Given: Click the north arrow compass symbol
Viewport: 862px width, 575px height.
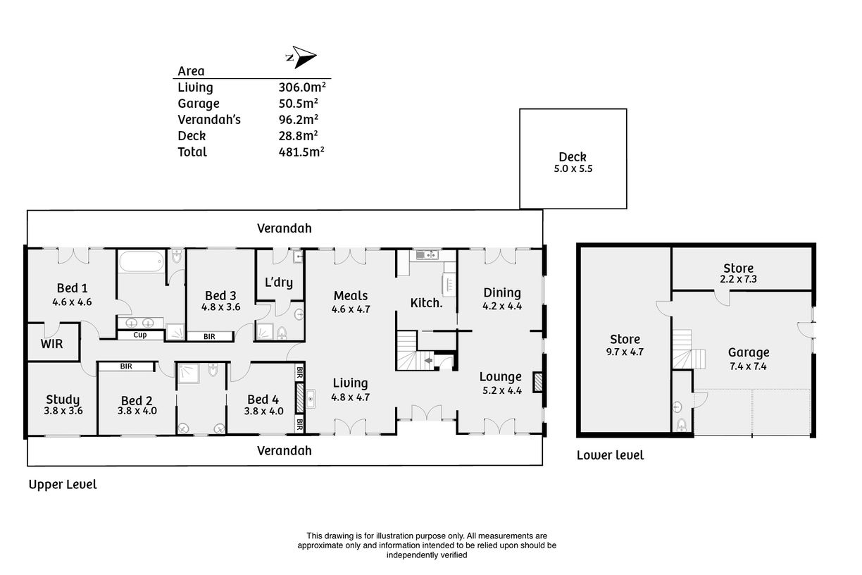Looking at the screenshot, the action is pyautogui.click(x=301, y=57).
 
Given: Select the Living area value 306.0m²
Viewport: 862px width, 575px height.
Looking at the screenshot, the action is pyautogui.click(x=302, y=87).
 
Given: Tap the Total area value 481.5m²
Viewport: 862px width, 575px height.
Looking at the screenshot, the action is pyautogui.click(x=301, y=152).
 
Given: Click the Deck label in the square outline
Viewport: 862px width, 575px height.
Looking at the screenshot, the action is pyautogui.click(x=573, y=156).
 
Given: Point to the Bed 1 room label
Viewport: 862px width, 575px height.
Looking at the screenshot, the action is pyautogui.click(x=73, y=287).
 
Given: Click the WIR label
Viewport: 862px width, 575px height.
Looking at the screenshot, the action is pyautogui.click(x=51, y=344).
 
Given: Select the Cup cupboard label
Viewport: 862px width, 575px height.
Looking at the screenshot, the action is pyautogui.click(x=140, y=335).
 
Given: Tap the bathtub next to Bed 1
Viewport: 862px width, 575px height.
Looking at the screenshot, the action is pyautogui.click(x=142, y=261).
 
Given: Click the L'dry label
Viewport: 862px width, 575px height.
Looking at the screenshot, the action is pyautogui.click(x=279, y=283).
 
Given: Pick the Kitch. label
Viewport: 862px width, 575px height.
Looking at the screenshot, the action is pyautogui.click(x=426, y=303).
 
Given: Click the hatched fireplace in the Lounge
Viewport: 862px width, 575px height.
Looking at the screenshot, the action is pyautogui.click(x=537, y=383).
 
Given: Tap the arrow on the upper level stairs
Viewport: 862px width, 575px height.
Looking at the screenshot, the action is pyautogui.click(x=428, y=361).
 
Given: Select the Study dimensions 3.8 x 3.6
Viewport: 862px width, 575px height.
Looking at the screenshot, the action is pyautogui.click(x=63, y=411).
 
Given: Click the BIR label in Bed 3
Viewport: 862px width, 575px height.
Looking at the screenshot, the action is pyautogui.click(x=209, y=337).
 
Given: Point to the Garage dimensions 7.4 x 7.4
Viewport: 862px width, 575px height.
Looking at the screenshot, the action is pyautogui.click(x=748, y=366).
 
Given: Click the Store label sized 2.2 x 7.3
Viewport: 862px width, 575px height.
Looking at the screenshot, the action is pyautogui.click(x=738, y=268).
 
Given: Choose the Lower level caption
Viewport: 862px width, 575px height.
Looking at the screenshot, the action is pyautogui.click(x=610, y=455).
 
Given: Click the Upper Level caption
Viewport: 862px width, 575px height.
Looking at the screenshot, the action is pyautogui.click(x=63, y=485).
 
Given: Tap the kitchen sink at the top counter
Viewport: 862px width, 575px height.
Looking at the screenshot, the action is pyautogui.click(x=426, y=254).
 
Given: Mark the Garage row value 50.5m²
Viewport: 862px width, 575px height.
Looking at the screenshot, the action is pyautogui.click(x=298, y=103).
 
